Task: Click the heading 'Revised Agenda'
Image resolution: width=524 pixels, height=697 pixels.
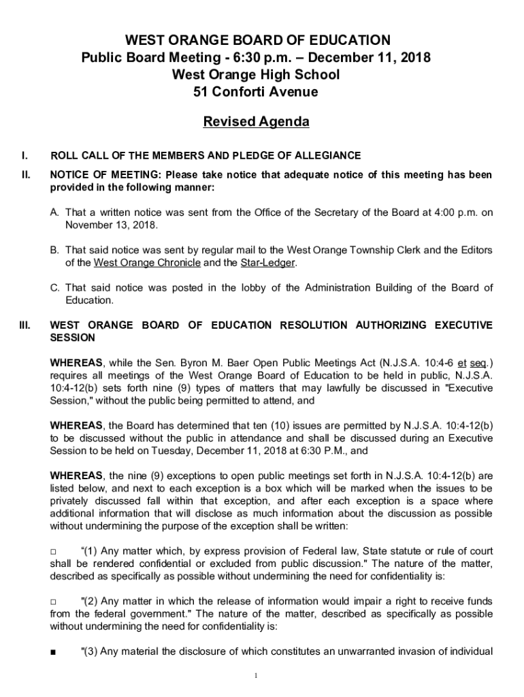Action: click(x=257, y=123)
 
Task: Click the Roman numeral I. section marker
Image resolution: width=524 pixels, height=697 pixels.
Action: click(x=25, y=155)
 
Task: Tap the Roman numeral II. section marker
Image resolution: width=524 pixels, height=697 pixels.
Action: click(x=26, y=175)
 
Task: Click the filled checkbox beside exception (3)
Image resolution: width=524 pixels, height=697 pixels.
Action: click(x=54, y=652)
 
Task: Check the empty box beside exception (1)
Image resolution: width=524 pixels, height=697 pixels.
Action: click(x=54, y=551)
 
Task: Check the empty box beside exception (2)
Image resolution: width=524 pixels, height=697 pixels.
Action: click(x=54, y=602)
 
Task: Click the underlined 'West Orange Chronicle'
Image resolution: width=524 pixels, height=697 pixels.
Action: click(x=147, y=263)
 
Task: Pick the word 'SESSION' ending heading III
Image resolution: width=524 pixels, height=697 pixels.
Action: click(x=73, y=338)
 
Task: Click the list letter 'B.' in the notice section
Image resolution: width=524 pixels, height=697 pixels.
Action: click(x=56, y=250)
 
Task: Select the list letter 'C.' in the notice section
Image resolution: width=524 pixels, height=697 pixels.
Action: click(x=56, y=288)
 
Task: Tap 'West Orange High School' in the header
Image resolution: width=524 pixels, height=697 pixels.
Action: click(x=256, y=74)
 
